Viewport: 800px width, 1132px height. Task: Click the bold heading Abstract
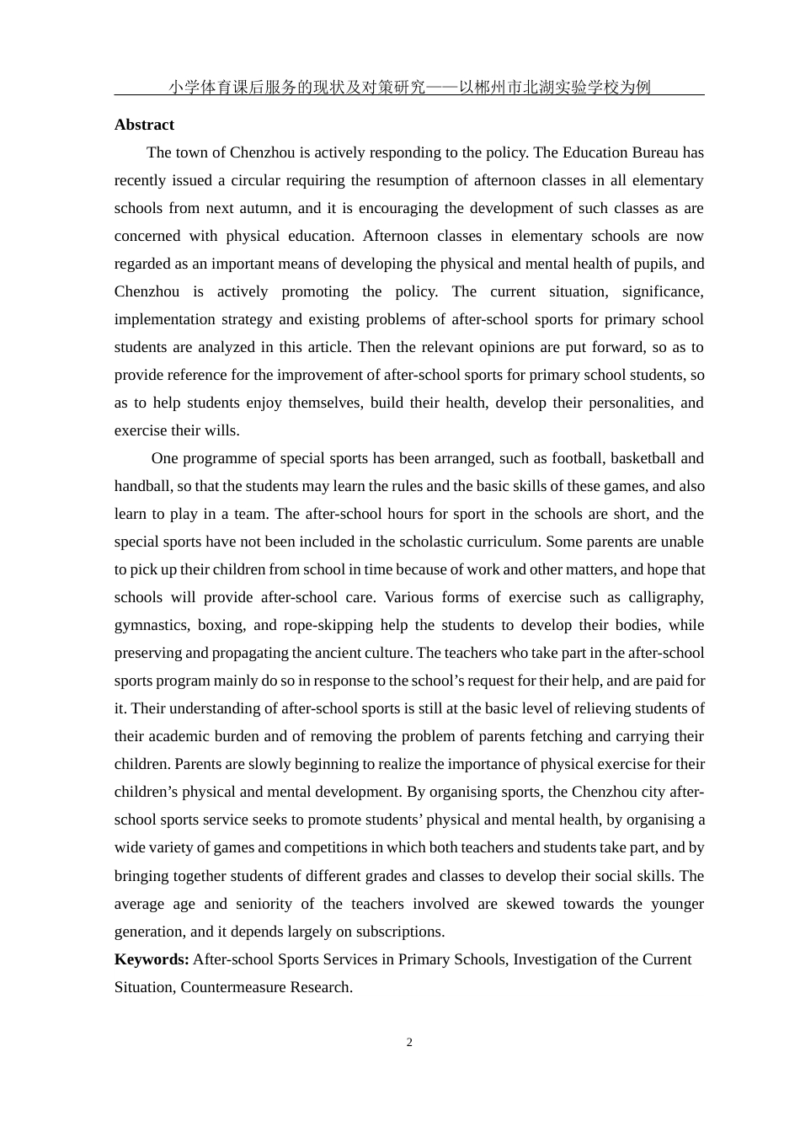point(144,125)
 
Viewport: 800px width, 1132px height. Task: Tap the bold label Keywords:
point(152,959)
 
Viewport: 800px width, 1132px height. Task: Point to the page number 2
point(409,1043)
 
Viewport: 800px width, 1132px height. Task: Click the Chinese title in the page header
point(409,87)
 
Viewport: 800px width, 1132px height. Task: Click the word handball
point(141,486)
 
